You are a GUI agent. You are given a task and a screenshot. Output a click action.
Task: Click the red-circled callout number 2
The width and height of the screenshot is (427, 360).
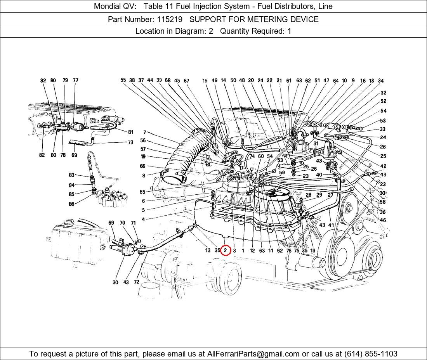point(225,251)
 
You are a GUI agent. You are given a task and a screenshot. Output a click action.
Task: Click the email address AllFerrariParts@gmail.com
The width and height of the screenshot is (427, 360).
point(253,354)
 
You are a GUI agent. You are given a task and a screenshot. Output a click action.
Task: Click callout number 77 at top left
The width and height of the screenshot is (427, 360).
point(75,80)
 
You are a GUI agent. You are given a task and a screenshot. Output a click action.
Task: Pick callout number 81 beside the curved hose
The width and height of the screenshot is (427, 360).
point(130,132)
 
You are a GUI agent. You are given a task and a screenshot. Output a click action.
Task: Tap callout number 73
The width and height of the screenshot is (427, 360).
point(130,142)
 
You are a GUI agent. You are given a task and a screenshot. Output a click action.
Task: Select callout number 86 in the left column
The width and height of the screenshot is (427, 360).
point(71,204)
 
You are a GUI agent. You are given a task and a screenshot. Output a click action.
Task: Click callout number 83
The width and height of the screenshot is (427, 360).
point(71,175)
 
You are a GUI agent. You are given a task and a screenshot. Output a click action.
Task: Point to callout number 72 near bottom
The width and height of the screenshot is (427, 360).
point(136,282)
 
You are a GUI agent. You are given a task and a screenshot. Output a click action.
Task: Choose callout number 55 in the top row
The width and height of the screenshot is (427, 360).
point(123,80)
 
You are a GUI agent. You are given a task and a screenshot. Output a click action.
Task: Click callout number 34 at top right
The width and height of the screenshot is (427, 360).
point(381,81)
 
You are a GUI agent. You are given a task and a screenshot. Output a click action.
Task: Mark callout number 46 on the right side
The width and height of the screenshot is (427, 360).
point(383,220)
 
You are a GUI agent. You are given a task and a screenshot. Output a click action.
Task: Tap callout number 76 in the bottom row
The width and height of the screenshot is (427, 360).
point(289,251)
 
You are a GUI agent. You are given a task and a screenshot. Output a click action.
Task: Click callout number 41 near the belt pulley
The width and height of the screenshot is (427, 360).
point(331,225)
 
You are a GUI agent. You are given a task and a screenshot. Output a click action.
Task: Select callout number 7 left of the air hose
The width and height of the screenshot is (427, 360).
point(144,133)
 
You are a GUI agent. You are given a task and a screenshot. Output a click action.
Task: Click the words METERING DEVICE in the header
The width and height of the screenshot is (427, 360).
point(286,19)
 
